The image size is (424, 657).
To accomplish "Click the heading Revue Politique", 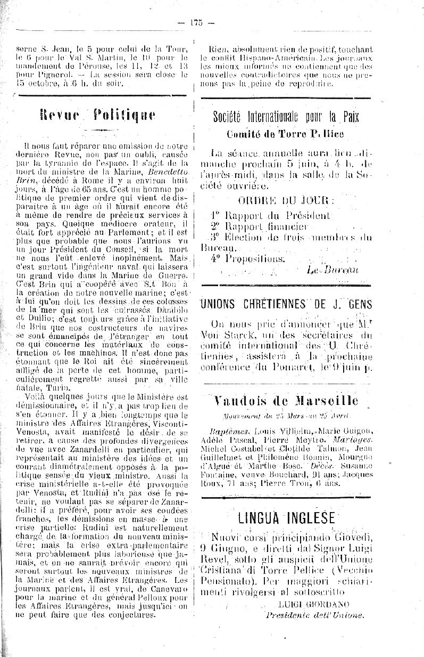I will click(98, 116).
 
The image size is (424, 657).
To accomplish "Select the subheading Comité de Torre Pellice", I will click(285, 134).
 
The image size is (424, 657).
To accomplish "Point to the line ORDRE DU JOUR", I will click(287, 201).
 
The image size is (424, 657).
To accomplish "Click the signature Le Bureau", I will click(332, 270).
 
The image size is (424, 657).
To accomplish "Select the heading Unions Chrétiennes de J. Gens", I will click(286, 304).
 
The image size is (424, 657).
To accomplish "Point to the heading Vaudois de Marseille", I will click(286, 401).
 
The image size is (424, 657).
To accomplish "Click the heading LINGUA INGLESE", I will click(286, 517).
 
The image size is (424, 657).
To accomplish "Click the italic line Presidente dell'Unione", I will click(315, 614).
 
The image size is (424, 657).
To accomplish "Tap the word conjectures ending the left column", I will click(129, 614).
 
